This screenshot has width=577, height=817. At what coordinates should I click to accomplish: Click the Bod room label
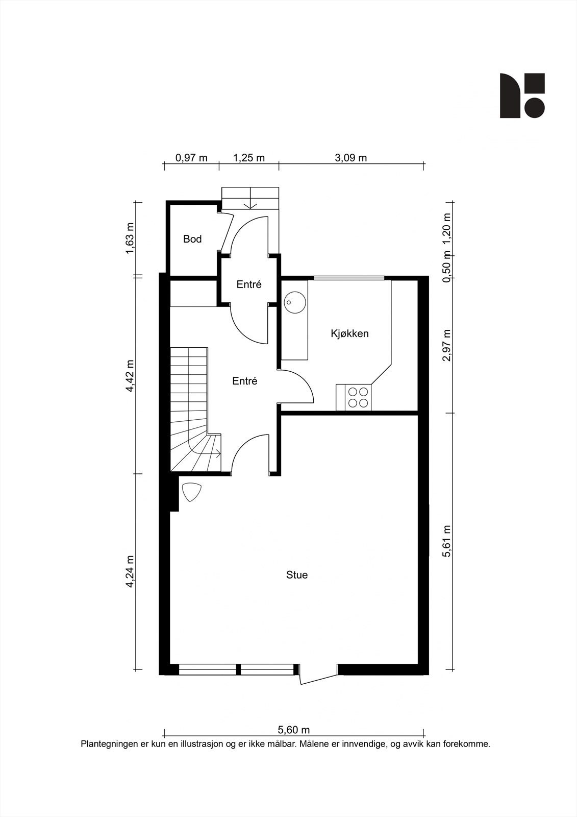point(192,239)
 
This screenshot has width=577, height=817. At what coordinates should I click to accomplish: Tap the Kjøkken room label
point(349,333)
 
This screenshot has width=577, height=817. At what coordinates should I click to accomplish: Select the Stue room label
point(297,575)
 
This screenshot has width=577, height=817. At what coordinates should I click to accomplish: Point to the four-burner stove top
point(358,397)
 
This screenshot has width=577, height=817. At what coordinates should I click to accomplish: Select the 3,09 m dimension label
point(350,158)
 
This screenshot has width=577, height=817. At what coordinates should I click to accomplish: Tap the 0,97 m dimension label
point(191,158)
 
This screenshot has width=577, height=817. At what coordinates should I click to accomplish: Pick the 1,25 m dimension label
point(249,158)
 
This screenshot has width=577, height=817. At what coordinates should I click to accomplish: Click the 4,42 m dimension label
point(130,376)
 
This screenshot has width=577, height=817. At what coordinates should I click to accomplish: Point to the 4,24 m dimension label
point(130,571)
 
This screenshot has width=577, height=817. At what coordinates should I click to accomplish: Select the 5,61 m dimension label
point(447,541)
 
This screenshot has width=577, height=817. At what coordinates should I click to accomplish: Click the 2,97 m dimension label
point(447,345)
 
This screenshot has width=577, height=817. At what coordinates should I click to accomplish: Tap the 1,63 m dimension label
point(130,239)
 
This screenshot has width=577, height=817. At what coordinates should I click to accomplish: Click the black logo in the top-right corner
point(522,95)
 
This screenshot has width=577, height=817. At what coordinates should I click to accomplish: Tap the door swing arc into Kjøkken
point(303,382)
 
